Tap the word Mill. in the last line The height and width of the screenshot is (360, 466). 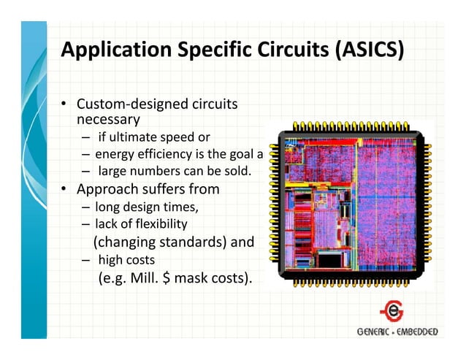pos(131,277)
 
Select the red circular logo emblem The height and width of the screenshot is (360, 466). pos(395,312)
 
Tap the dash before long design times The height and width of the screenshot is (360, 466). pos(86,207)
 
